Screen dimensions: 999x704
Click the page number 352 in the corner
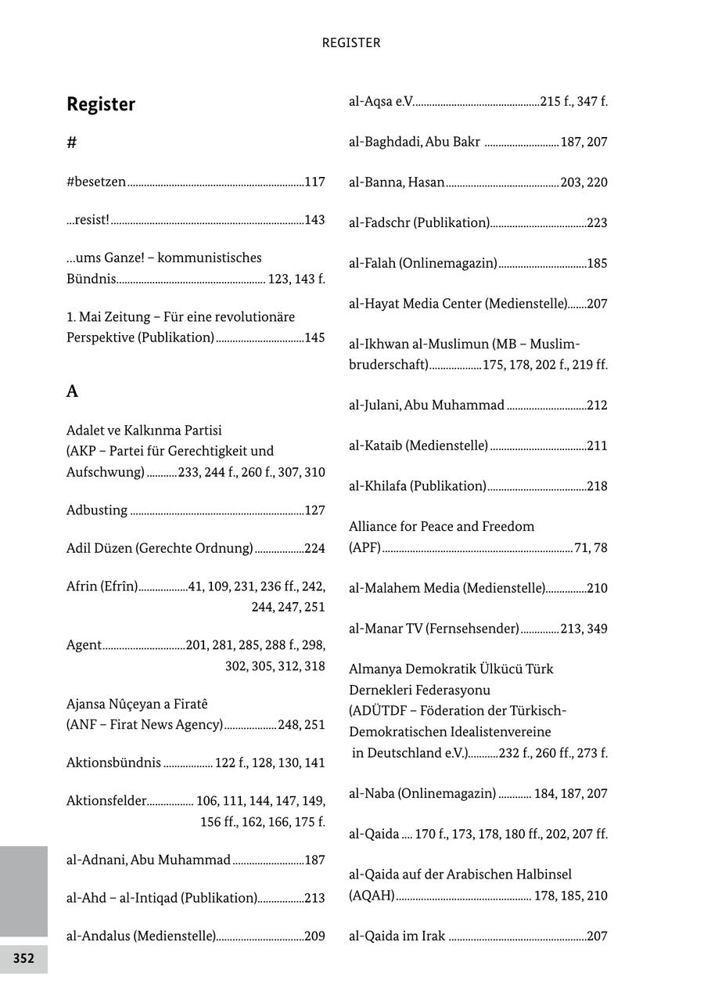tap(23, 958)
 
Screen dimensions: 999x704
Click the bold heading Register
tap(101, 104)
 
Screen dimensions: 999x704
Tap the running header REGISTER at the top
tap(351, 43)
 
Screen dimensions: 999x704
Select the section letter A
tap(72, 391)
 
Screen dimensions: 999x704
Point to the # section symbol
tap(72, 142)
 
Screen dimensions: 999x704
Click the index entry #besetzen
tap(96, 182)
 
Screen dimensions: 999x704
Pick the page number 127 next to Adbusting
tap(314, 510)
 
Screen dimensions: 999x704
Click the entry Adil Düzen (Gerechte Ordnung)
tap(160, 548)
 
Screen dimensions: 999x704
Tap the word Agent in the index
tap(84, 645)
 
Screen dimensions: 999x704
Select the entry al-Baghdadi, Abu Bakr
tap(415, 142)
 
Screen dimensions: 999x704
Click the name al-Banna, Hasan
tap(397, 182)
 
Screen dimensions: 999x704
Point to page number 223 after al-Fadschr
tap(597, 223)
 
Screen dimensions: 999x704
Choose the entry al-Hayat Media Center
tap(458, 304)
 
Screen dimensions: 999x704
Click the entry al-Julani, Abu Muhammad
tap(426, 406)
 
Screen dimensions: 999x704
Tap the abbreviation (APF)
tap(365, 548)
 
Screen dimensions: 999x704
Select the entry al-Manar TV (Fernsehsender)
tap(434, 629)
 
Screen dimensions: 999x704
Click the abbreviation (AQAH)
tap(372, 896)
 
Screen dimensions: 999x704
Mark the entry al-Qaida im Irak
tap(397, 936)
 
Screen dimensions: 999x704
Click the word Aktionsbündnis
tap(114, 763)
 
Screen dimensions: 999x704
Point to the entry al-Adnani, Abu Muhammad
tap(149, 860)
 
